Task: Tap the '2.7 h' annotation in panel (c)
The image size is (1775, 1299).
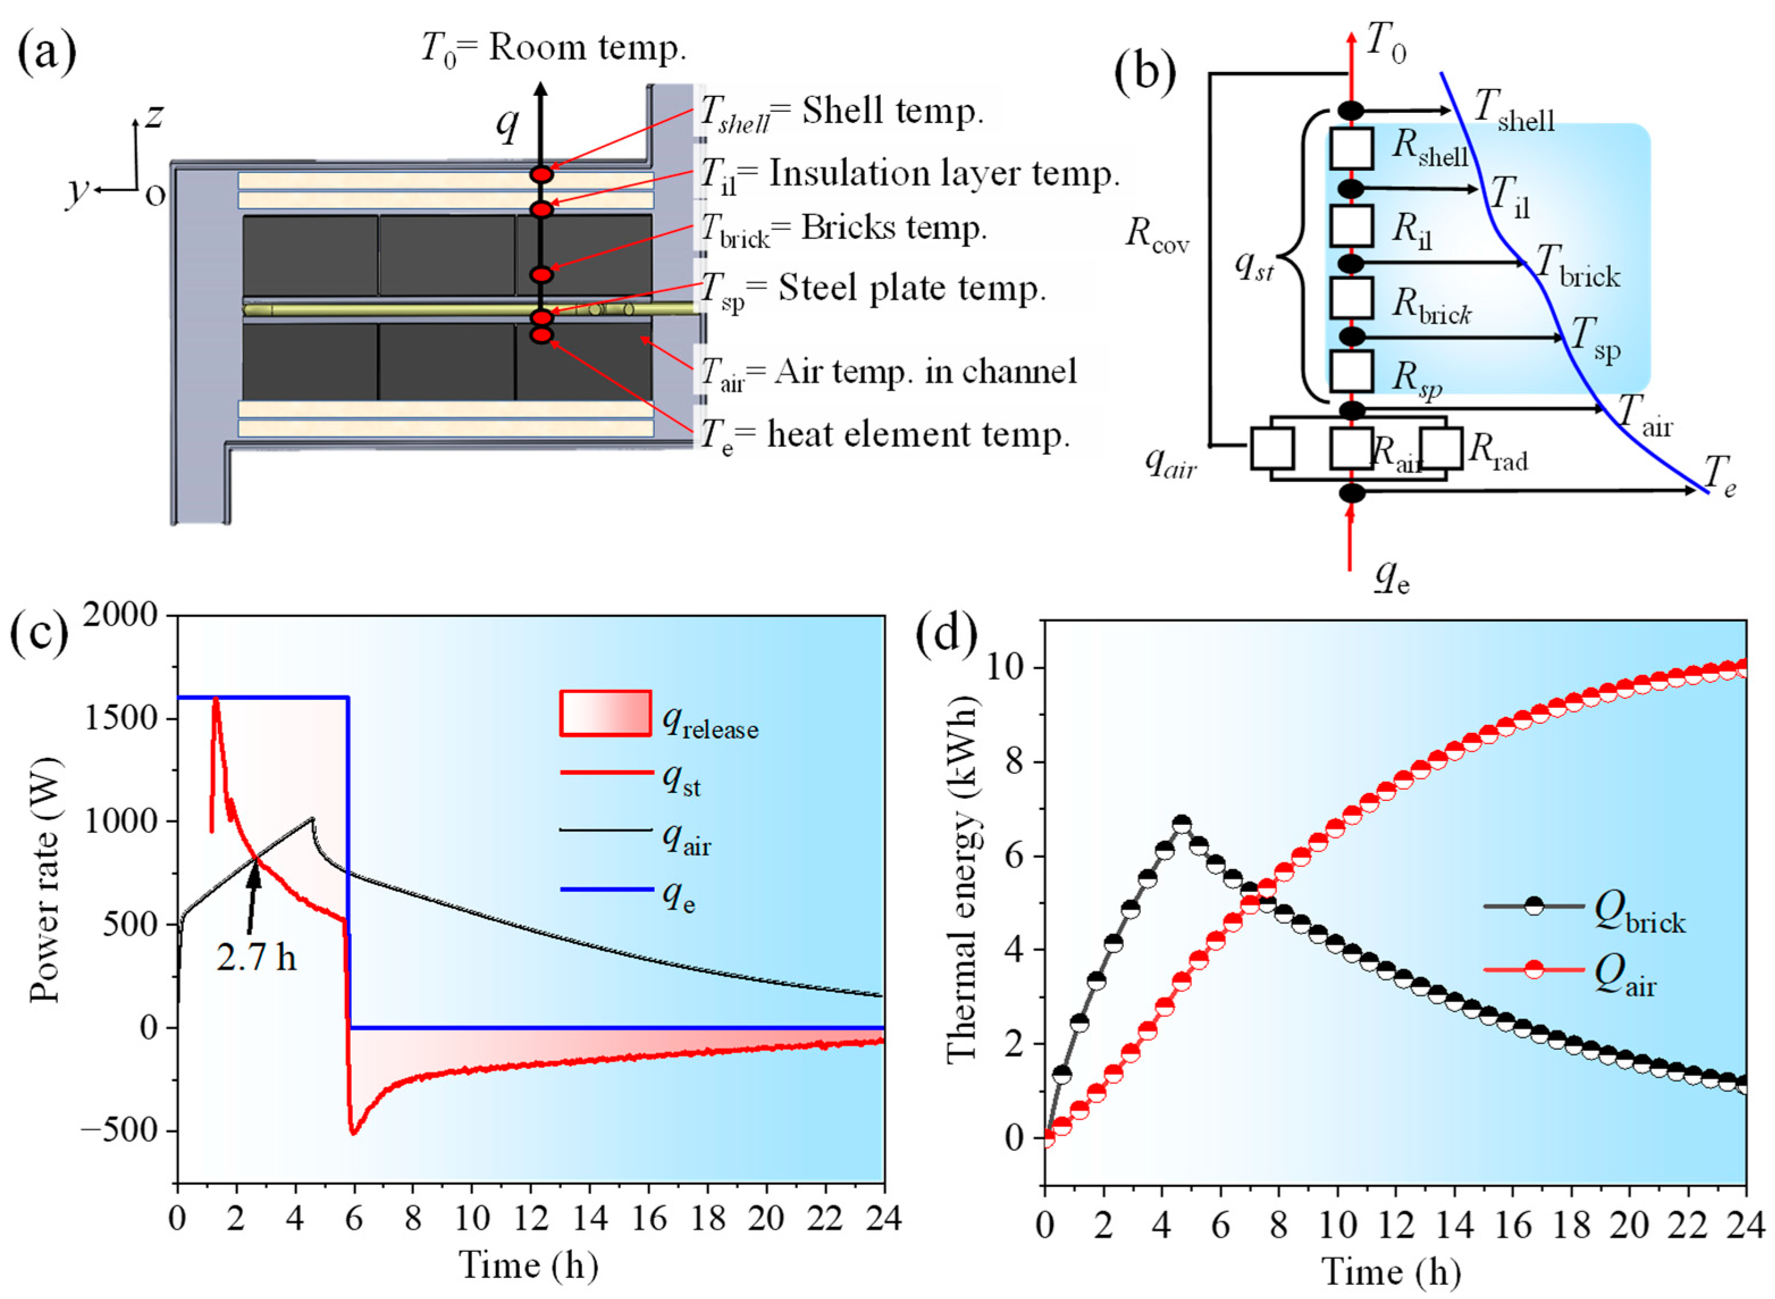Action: click(x=256, y=957)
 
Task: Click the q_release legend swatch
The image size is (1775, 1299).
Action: click(x=605, y=713)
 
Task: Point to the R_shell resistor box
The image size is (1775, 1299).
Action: click(x=1351, y=149)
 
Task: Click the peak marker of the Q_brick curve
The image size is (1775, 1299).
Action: click(x=1181, y=824)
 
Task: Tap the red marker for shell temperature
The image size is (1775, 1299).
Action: click(x=541, y=174)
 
